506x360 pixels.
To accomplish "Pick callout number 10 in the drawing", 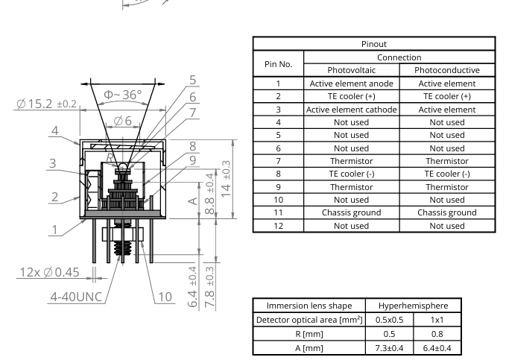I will [165, 297].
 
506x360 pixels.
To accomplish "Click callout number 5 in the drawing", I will [192, 80].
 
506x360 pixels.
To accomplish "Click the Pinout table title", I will [374, 44].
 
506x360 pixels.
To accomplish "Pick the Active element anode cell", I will [352, 83].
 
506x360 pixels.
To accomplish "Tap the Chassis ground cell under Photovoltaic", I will [352, 212].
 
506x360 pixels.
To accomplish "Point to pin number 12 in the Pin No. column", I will [278, 226].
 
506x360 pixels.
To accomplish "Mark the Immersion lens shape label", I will [308, 306].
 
